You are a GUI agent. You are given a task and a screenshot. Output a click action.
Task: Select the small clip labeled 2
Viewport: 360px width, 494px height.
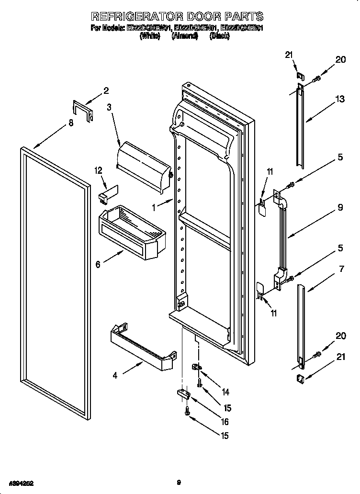coord(83,110)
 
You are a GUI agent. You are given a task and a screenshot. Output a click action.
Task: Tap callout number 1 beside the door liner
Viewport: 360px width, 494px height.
coord(154,208)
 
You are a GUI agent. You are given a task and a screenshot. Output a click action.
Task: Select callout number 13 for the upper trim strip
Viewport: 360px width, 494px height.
coord(339,99)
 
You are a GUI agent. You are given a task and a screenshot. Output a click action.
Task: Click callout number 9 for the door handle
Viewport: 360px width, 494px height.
coord(339,208)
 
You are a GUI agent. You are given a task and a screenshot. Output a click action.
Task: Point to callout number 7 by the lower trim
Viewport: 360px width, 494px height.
coord(341,269)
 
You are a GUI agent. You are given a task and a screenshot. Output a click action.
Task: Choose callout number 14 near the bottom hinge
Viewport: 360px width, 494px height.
coord(225,392)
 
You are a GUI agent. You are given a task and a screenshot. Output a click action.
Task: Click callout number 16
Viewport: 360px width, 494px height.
coord(225,422)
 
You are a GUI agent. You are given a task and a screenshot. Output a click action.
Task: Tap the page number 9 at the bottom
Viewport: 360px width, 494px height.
coord(178,483)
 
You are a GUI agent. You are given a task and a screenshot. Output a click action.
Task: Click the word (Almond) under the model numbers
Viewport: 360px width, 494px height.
coord(184,36)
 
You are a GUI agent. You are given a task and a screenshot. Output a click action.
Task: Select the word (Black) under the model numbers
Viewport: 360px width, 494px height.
coord(219,36)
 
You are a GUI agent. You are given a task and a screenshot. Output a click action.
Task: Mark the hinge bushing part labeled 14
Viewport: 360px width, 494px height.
coord(196,368)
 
